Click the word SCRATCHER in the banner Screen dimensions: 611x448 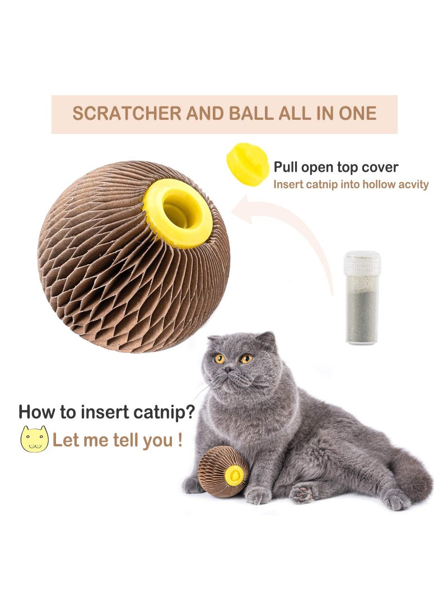(119, 114)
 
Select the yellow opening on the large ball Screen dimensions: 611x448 (178, 213)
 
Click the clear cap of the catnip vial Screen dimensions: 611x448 (362, 263)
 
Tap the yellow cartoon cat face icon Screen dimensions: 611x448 (34, 439)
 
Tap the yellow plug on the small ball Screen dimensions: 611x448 (234, 475)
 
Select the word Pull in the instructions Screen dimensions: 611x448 (286, 167)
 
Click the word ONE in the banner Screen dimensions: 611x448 (358, 114)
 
